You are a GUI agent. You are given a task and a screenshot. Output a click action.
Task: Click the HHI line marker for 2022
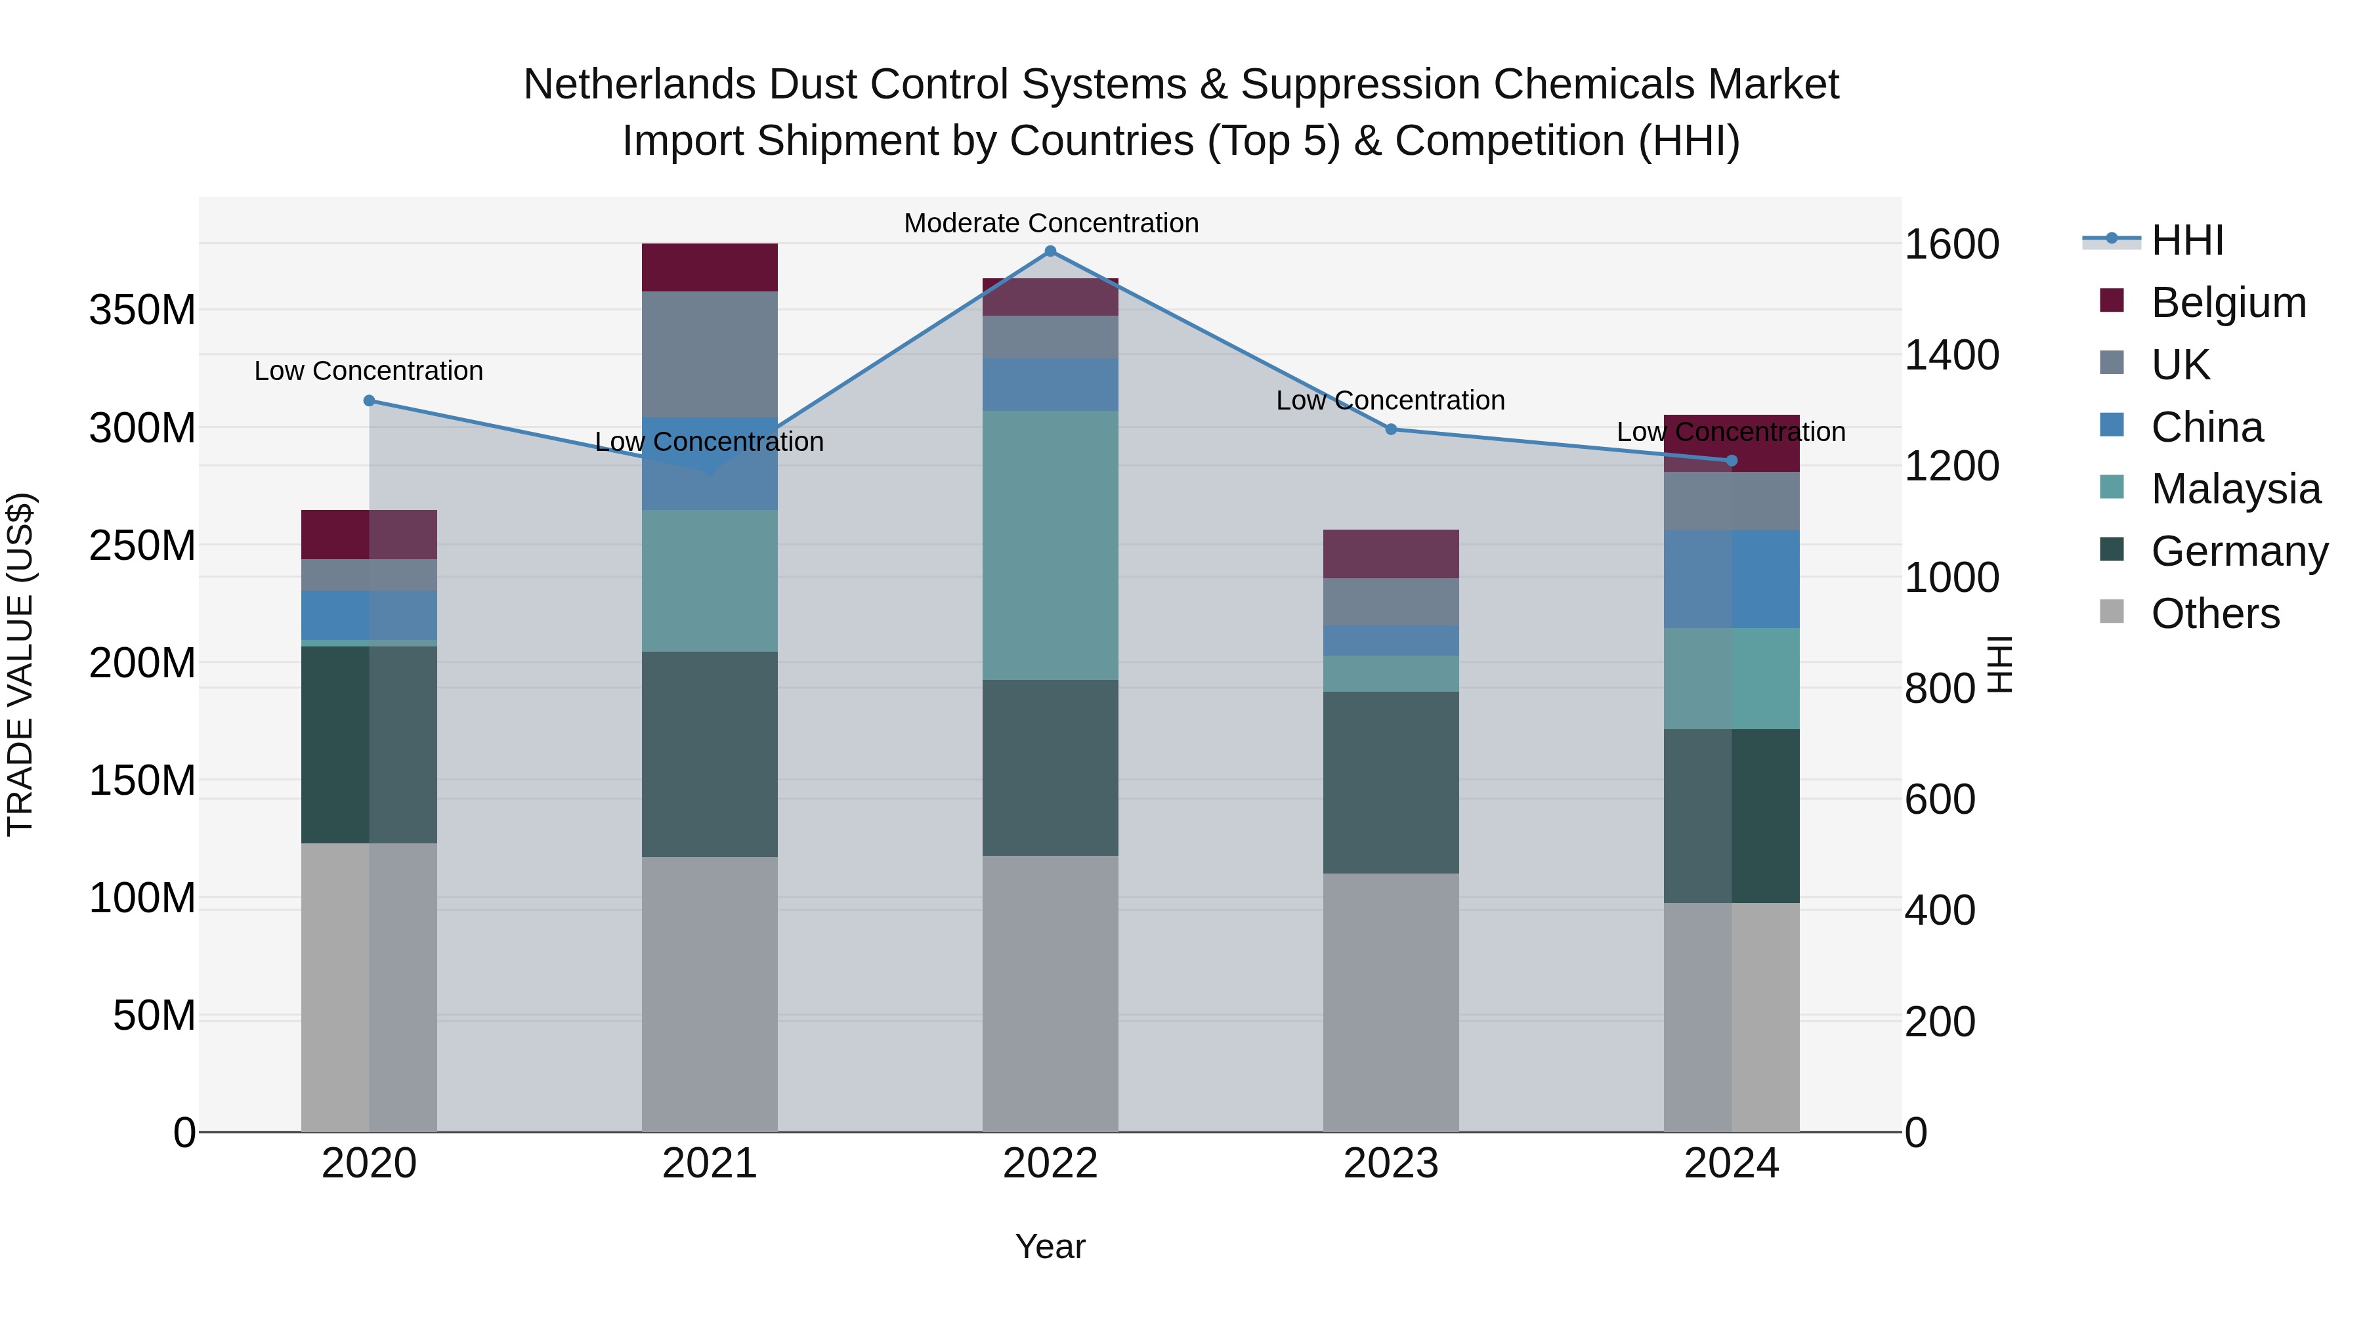[1050, 251]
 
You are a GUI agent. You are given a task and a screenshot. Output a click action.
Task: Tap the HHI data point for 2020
[369, 401]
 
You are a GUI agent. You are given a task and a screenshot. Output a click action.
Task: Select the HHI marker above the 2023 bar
[1391, 429]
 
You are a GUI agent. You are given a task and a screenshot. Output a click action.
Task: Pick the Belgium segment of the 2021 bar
[709, 267]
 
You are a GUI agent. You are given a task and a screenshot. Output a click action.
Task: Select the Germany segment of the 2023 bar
[1391, 782]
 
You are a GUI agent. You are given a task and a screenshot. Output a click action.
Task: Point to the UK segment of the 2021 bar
[709, 353]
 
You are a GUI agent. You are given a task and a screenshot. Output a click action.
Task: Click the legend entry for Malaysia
[2236, 489]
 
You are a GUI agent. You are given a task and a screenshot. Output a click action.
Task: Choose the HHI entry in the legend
[2187, 240]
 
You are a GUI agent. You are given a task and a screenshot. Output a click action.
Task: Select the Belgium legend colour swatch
[2112, 301]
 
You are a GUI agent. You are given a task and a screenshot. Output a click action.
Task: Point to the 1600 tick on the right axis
[1952, 245]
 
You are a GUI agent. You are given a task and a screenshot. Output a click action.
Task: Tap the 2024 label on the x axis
[1731, 1164]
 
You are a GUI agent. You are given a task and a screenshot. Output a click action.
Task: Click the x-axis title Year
[1050, 1246]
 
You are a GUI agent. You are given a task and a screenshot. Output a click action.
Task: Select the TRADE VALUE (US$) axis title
[20, 664]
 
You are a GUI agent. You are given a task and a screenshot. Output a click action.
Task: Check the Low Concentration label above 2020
[369, 371]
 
